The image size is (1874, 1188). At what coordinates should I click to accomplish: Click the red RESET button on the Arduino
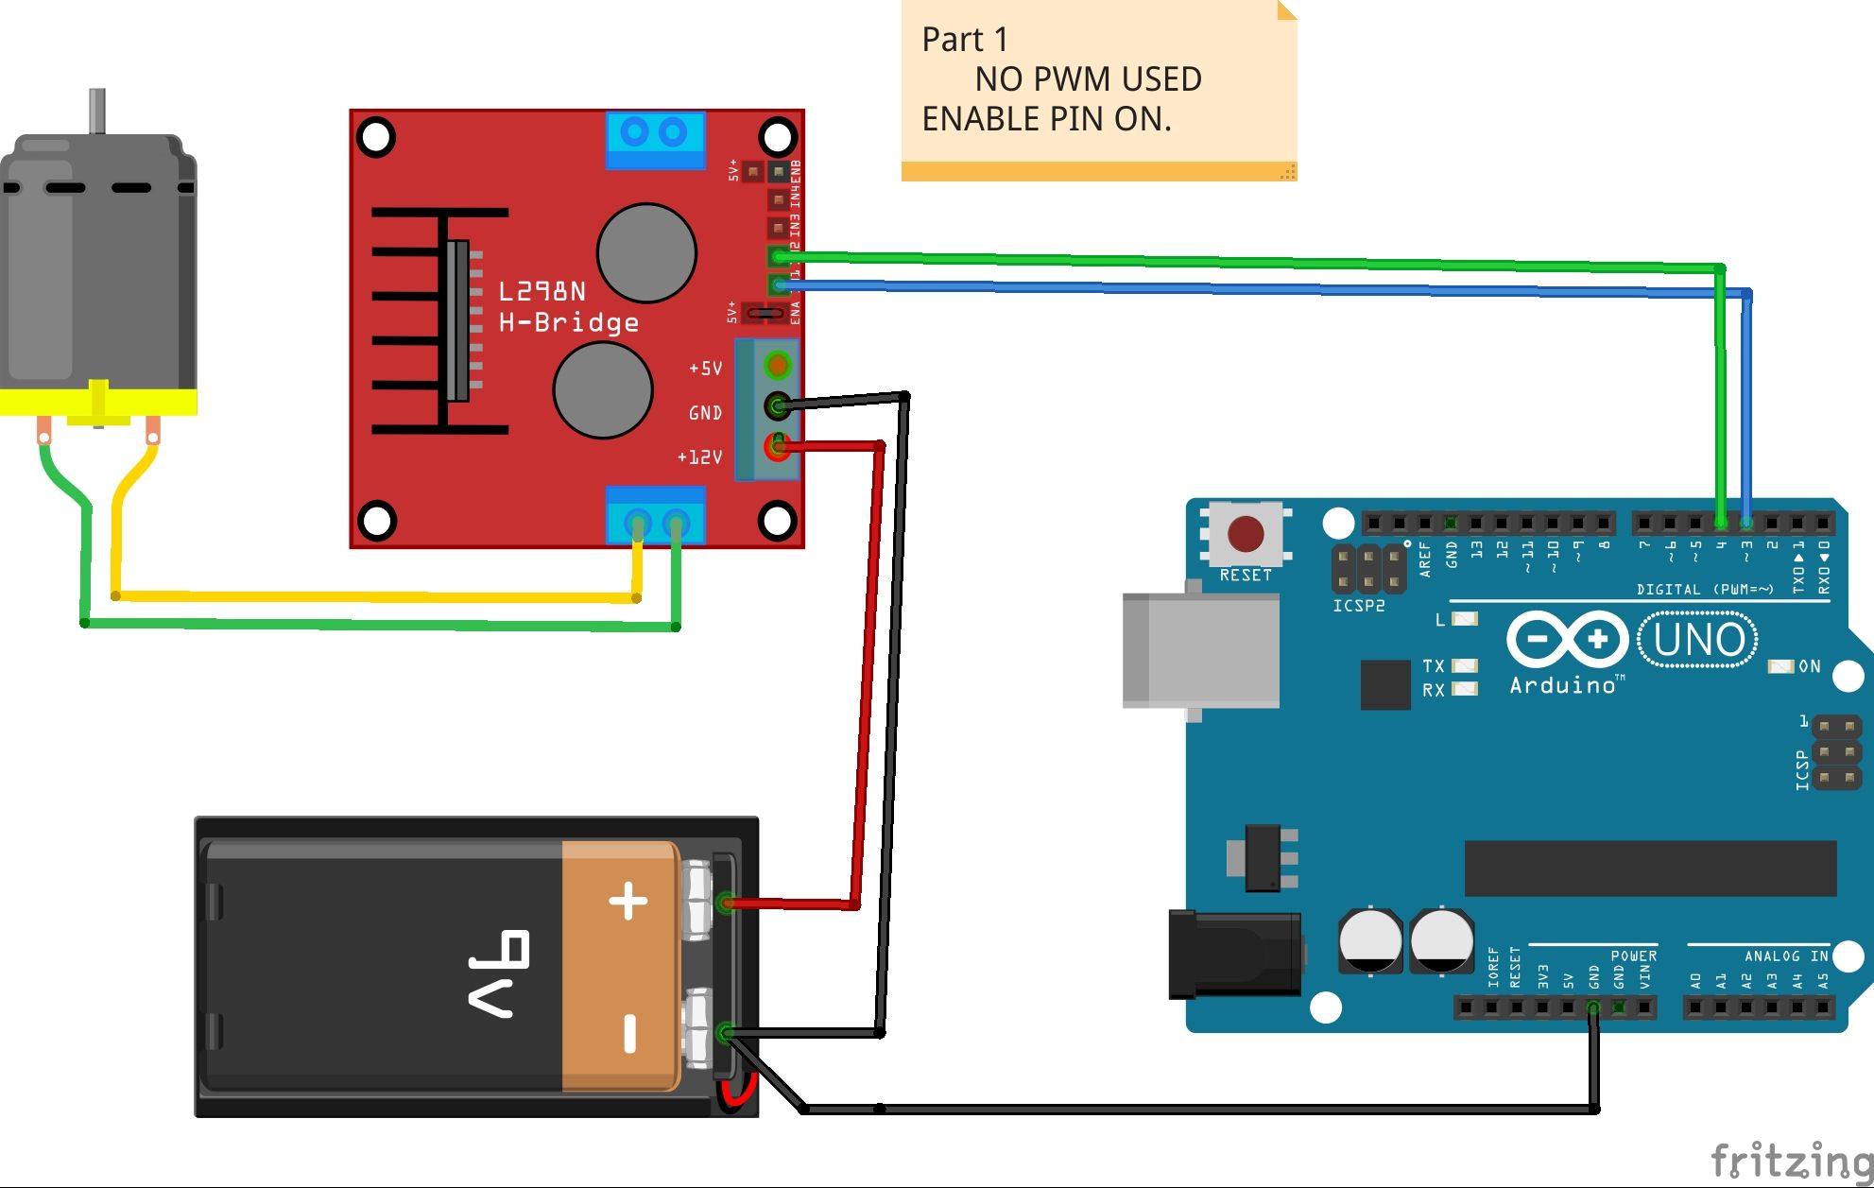coord(1246,534)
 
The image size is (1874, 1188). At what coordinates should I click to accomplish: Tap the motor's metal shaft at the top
coord(97,112)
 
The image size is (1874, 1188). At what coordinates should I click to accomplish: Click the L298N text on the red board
coord(542,291)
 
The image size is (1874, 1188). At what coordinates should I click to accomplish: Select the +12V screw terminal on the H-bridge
coord(777,447)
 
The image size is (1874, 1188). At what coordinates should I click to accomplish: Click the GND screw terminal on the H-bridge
coord(777,407)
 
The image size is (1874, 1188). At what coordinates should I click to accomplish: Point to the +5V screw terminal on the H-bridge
coord(777,365)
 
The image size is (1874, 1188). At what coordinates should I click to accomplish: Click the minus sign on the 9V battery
coord(629,1032)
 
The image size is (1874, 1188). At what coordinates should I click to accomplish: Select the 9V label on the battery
coord(499,973)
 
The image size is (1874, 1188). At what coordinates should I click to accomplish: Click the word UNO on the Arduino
coord(1698,640)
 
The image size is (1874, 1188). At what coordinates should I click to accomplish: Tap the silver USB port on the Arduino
coord(1200,650)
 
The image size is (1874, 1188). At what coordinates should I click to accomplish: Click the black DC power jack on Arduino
coord(1233,954)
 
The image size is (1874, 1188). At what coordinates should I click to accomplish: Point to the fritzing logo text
coord(1790,1160)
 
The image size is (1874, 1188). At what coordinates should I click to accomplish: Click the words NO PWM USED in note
coord(1088,79)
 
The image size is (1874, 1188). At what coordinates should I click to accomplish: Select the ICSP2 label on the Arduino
coord(1358,606)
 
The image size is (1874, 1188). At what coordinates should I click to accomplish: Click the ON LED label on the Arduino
coord(1809,666)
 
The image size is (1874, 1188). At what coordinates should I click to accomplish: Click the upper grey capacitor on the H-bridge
coord(646,253)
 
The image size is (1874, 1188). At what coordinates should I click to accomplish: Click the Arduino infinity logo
coord(1567,640)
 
